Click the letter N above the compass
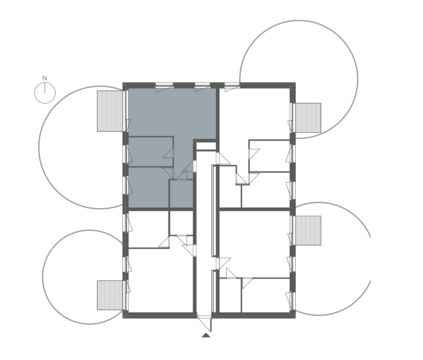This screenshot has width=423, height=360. click(x=45, y=78)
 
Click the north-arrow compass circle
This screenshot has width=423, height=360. click(x=45, y=93)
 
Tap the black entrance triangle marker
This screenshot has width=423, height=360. click(x=206, y=335)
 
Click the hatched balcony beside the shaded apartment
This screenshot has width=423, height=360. click(x=111, y=111)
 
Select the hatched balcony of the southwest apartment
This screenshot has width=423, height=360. click(x=111, y=295)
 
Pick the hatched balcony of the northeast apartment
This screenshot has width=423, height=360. click(x=307, y=118)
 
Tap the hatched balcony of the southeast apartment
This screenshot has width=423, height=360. click(x=307, y=230)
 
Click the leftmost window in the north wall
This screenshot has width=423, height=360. click(x=164, y=86)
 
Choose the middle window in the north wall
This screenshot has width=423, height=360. click(x=203, y=86)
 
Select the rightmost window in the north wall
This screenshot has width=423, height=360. click(x=232, y=86)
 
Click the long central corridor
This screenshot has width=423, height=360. click(x=204, y=232)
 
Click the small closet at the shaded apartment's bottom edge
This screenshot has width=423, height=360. click(x=181, y=194)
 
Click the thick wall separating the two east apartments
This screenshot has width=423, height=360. click(x=255, y=209)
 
